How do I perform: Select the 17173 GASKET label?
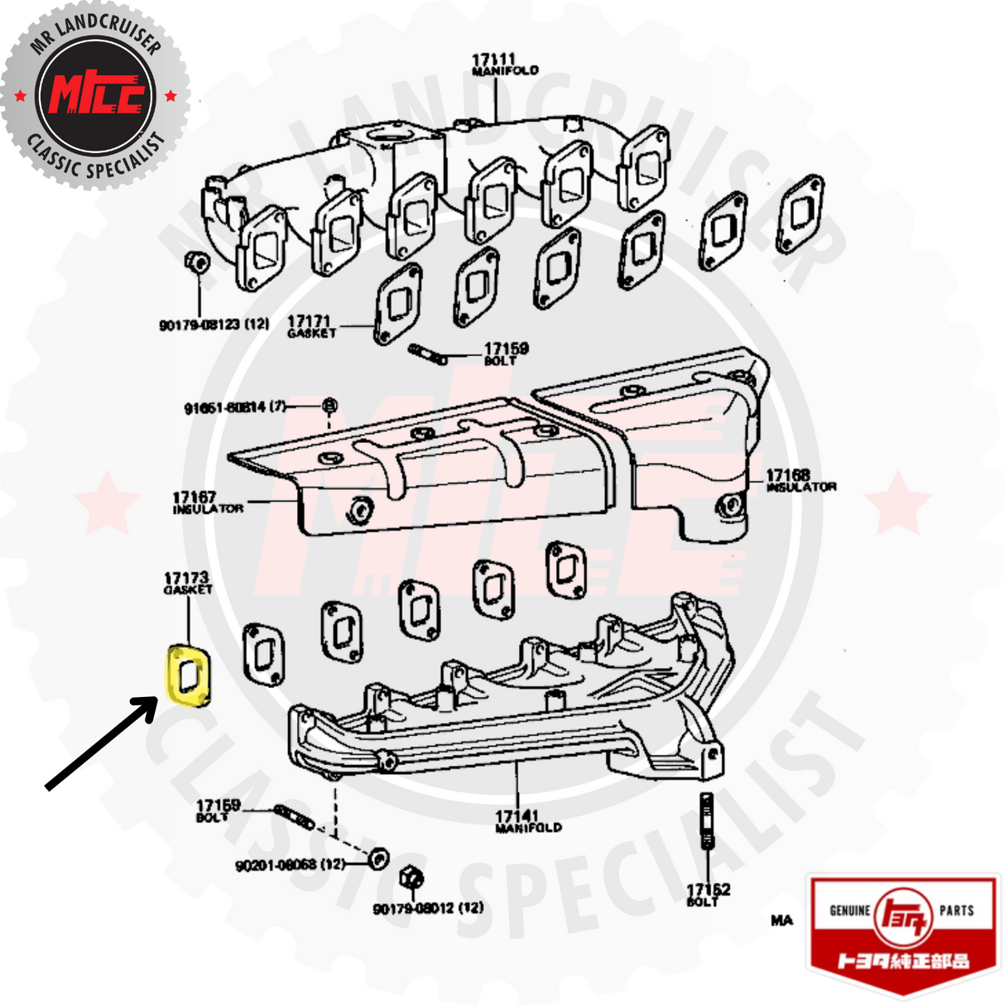coord(187,583)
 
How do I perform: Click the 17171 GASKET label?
coord(311,326)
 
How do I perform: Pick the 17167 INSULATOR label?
coord(207,502)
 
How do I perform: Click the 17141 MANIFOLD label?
coord(527,821)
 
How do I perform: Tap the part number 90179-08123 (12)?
coord(214,325)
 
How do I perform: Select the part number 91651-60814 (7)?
coord(235,407)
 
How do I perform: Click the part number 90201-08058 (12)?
coord(290,865)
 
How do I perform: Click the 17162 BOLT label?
coord(708,894)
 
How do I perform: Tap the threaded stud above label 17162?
coord(707,819)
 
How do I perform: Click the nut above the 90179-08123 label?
coord(197,262)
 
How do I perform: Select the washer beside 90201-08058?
coord(377,858)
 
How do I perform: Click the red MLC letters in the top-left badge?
coord(97,94)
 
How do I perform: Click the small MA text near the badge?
coord(781,920)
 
